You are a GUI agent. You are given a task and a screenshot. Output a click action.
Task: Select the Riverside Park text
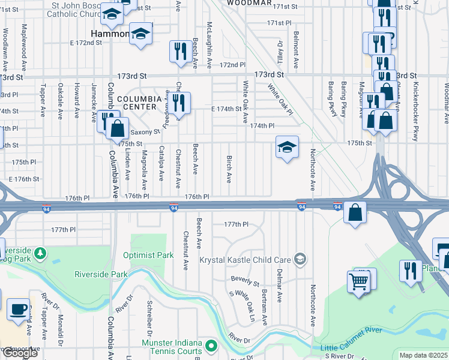coord(101,274)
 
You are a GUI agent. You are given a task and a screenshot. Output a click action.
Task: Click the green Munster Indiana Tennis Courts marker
coord(211,346)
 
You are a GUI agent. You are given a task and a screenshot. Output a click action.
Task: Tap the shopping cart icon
coord(358,281)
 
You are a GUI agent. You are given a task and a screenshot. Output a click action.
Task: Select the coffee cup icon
coord(17,309)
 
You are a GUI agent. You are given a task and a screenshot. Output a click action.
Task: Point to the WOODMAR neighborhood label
coord(249,3)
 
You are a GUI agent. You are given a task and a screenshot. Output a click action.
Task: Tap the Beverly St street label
coord(246,280)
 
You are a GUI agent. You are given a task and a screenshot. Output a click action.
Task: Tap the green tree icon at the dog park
coord(40,254)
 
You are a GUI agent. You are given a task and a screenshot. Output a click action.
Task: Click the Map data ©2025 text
coord(423,355)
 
